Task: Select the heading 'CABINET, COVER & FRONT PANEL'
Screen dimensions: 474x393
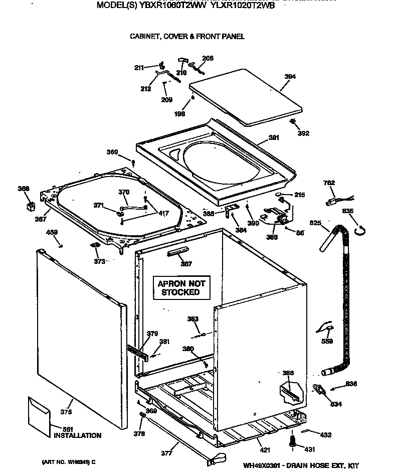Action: click(187, 37)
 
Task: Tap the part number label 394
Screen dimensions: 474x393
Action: click(290, 77)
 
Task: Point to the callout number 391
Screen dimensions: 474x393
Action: click(273, 137)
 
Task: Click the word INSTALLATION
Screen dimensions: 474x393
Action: click(77, 435)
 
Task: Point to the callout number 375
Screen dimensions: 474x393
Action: click(66, 412)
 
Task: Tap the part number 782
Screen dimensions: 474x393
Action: click(329, 183)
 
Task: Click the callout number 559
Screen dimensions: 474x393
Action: click(327, 342)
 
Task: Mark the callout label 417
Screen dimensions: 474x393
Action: click(163, 214)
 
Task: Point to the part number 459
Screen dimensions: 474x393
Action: click(52, 232)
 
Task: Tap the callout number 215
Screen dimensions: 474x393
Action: click(300, 195)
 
